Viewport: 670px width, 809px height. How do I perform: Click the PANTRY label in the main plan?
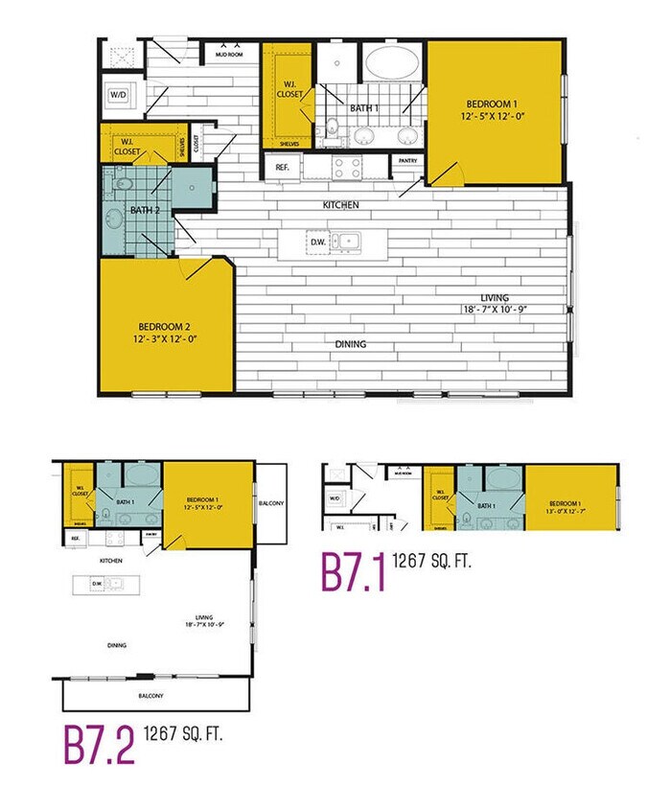[x=408, y=161]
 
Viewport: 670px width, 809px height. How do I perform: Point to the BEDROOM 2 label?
[x=167, y=325]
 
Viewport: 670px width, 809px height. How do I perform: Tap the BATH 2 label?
[x=145, y=210]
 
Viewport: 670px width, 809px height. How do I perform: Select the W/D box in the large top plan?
[x=118, y=95]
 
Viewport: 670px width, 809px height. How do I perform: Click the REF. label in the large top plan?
[x=282, y=167]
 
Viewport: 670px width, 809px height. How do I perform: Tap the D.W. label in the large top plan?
[x=317, y=243]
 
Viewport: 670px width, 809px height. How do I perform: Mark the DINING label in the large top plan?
[x=350, y=343]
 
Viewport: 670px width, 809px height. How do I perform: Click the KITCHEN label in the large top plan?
[x=340, y=205]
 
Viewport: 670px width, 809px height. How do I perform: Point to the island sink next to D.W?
[x=347, y=242]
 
